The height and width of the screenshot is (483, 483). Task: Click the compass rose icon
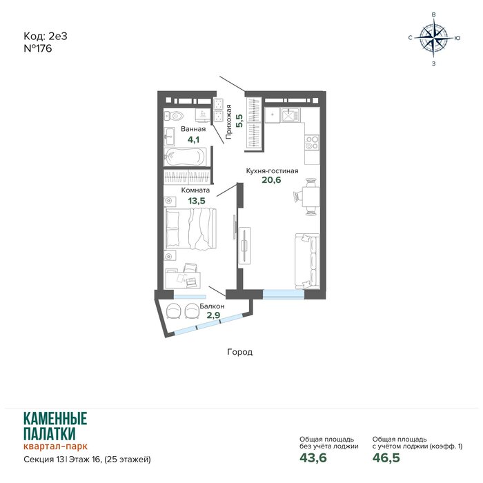pos(433,38)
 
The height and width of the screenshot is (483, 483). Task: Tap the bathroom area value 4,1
pos(193,139)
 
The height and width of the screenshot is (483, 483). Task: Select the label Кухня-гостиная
pos(272,170)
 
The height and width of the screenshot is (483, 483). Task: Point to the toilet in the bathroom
pos(174,116)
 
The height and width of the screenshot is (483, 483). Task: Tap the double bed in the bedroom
pos(190,228)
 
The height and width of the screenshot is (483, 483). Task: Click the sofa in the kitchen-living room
pos(307,262)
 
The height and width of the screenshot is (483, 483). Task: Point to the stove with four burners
pos(312,142)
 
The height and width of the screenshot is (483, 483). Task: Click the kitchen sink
pos(289,115)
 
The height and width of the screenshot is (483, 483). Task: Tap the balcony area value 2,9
pos(213,315)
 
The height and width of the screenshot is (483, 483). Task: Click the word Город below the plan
pos(239,352)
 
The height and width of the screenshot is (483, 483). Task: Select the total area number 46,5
pos(386,457)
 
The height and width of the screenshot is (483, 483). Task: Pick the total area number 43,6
pos(313,457)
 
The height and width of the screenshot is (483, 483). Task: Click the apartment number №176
pos(37,49)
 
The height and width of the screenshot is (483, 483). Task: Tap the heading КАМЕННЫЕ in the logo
pos(55,419)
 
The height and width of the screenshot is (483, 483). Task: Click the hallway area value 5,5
pos(239,121)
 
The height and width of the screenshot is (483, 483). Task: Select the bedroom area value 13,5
pos(197,201)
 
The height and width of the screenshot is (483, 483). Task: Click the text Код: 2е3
pos(46,36)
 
